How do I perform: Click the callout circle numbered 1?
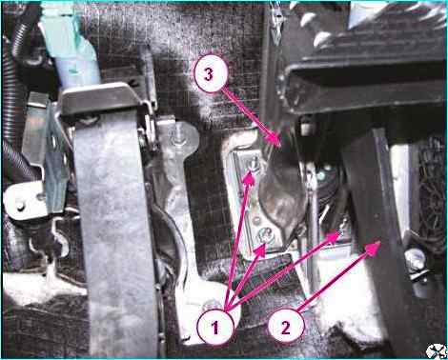[x=215, y=327]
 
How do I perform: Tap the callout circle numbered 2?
[x=286, y=327]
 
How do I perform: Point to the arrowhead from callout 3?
[x=274, y=141]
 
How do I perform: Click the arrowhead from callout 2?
[x=373, y=247]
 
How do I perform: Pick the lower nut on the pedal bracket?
[x=263, y=236]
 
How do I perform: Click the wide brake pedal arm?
[x=114, y=222]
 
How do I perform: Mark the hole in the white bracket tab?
[x=20, y=207]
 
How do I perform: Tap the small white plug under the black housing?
[x=305, y=127]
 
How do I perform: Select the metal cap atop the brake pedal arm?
[x=101, y=97]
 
